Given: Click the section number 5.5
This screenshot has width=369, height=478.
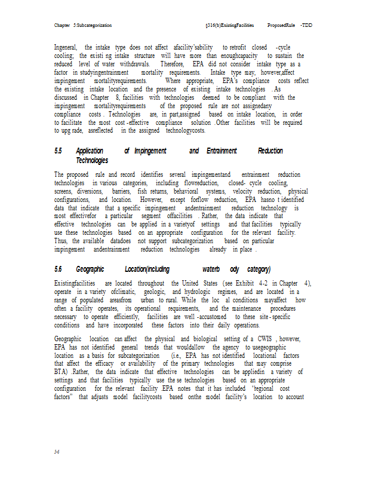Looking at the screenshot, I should pos(58,151).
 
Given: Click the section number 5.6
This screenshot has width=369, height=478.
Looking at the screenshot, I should pos(58,269).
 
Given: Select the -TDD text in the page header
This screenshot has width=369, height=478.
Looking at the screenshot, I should pos(306,26).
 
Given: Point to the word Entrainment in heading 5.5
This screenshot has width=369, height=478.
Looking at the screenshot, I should pos(221,151).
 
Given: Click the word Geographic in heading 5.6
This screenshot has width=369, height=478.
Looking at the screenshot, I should pos(91,269).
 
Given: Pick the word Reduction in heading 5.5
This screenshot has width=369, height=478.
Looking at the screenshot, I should pos(270,151).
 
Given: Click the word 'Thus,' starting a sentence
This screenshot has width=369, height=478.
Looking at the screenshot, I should pos(61,240).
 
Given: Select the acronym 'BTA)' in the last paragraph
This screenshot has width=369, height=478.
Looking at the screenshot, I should pos(62,371).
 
